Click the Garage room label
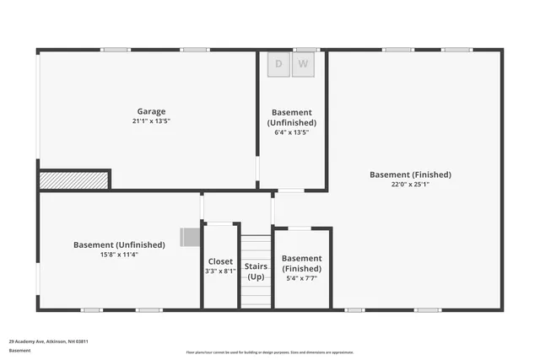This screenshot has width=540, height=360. (152, 111)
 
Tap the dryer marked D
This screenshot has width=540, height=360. (279, 65)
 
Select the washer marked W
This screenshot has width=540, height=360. (304, 65)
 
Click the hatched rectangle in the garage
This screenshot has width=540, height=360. (74, 179)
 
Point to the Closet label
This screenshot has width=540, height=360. (220, 261)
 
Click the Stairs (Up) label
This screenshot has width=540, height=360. (256, 271)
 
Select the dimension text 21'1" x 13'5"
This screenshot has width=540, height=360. (152, 121)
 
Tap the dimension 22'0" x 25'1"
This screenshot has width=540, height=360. (410, 185)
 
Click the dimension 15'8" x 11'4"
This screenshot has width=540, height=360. (119, 255)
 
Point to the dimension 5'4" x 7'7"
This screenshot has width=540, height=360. (301, 278)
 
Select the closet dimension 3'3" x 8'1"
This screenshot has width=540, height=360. (220, 271)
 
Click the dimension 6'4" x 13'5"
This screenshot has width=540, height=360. (292, 132)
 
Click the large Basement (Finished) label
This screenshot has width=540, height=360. (410, 175)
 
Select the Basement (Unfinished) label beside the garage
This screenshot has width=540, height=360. (292, 117)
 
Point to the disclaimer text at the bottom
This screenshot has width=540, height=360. (270, 352)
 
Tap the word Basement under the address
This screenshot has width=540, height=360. (20, 350)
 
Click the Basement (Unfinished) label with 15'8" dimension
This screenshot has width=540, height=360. (119, 244)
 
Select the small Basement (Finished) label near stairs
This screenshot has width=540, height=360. (301, 263)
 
